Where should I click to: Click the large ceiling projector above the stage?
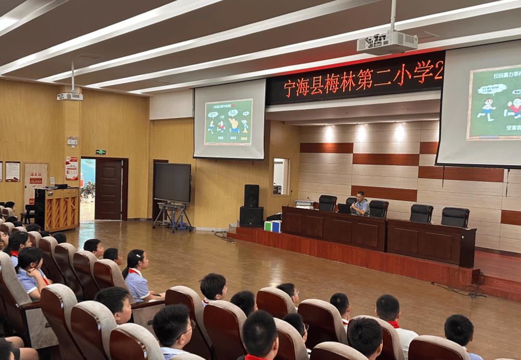[387, 43]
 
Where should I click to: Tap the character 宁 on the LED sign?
[290, 88]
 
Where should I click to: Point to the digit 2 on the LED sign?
[438, 70]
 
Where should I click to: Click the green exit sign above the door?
[100, 152]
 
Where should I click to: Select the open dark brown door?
[109, 189]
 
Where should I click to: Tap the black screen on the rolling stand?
[172, 182]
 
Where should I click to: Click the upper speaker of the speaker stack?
[251, 195]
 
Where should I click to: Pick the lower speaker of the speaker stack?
[251, 216]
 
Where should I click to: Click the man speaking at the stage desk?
[359, 204]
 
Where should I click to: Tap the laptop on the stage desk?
[344, 208]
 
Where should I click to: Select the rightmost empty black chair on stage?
[455, 217]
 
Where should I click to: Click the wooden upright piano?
[57, 208]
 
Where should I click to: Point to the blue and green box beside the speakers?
[272, 226]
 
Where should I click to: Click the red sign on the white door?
[36, 178]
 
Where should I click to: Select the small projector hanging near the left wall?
[70, 96]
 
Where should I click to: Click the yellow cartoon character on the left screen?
[233, 125]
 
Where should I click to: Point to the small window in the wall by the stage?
[280, 176]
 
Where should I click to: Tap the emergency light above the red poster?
[72, 141]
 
